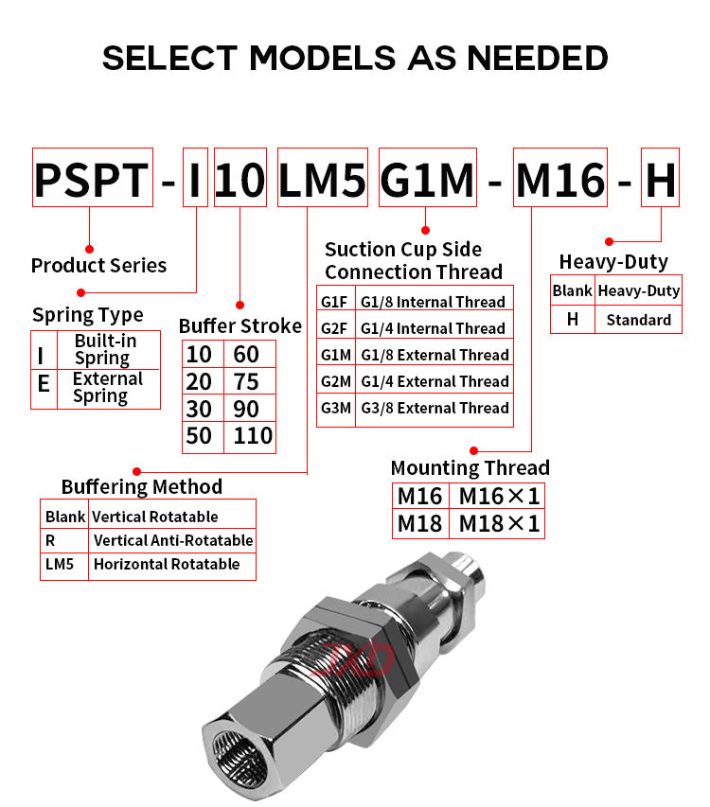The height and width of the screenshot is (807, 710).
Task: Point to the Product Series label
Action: (98, 265)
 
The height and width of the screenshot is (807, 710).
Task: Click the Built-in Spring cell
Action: (105, 349)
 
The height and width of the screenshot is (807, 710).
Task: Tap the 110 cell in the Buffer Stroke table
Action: (253, 436)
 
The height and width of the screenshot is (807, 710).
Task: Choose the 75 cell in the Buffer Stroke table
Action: (246, 382)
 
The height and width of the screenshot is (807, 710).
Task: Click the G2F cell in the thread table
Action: (335, 328)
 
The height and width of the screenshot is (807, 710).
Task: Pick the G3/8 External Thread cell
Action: (435, 408)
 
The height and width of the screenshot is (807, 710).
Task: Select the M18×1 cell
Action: (499, 523)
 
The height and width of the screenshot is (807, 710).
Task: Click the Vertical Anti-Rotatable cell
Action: (172, 540)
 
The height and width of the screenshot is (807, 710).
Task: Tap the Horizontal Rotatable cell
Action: (166, 564)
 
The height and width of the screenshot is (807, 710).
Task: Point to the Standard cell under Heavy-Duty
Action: (638, 320)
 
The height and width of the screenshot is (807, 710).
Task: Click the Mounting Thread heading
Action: (470, 467)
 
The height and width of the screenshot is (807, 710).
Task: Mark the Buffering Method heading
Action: (142, 486)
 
